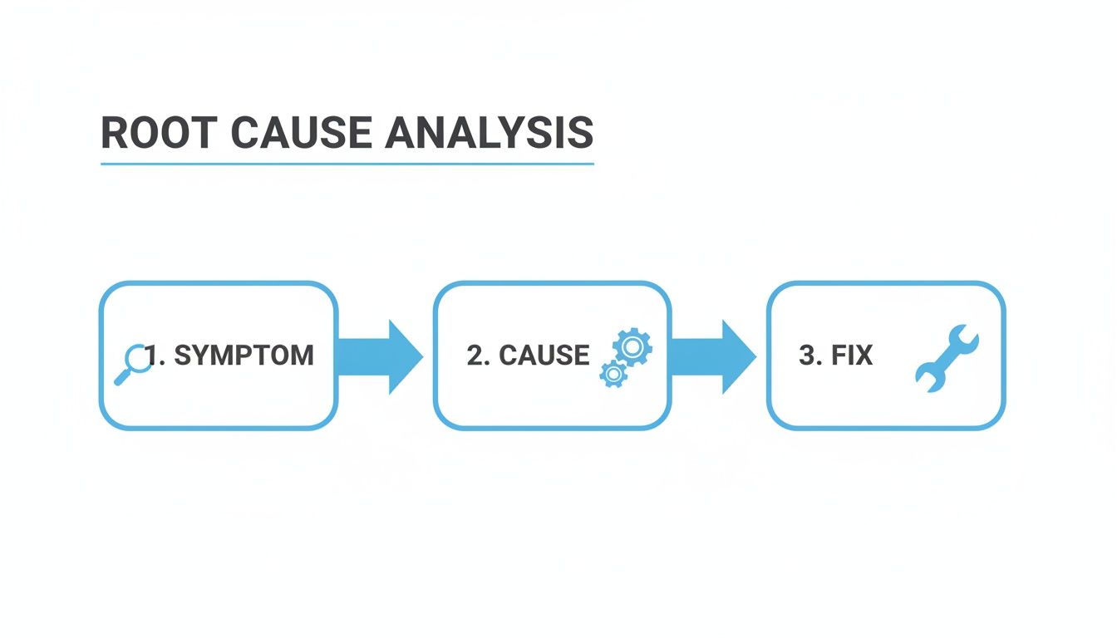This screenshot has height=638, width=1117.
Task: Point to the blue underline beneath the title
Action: pyautogui.click(x=347, y=164)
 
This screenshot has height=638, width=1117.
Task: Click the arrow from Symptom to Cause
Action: pyautogui.click(x=378, y=356)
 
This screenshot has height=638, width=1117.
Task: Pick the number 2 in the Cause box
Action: pyautogui.click(x=475, y=356)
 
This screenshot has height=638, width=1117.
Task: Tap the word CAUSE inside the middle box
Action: pyautogui.click(x=544, y=356)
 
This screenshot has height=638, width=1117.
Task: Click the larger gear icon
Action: pyautogui.click(x=632, y=346)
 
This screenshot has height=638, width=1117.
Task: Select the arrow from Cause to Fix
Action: pyautogui.click(x=711, y=356)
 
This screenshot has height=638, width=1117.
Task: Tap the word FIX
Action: pyautogui.click(x=853, y=356)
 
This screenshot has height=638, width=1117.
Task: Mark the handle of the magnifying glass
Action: pyautogui.click(x=121, y=378)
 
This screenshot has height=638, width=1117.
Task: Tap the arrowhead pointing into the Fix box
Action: pyautogui.click(x=738, y=356)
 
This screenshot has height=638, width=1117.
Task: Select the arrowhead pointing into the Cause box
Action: pyautogui.click(x=405, y=356)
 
